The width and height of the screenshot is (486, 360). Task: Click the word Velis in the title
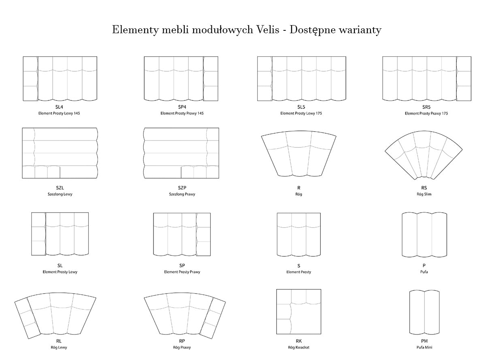[x=268, y=30]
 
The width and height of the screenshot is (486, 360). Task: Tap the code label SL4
[x=59, y=107]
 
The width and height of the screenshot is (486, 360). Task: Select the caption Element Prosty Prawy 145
[x=182, y=113]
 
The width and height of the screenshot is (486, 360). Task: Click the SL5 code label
[x=301, y=107]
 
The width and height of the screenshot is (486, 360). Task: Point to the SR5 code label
[x=426, y=107]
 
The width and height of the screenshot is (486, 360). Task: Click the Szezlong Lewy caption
[x=60, y=194]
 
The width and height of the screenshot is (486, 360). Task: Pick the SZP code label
[x=182, y=188]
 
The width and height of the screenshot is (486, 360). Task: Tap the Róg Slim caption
[x=424, y=194]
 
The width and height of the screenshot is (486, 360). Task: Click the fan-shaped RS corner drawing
[x=424, y=155]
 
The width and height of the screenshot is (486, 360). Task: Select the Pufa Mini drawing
[x=424, y=312]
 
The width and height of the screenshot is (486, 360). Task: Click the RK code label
[x=298, y=341]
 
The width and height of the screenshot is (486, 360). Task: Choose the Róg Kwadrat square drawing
[x=298, y=311]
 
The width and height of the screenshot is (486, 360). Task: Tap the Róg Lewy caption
[x=59, y=347]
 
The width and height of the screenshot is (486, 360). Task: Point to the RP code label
[x=182, y=341]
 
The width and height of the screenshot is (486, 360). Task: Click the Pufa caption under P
[x=424, y=272]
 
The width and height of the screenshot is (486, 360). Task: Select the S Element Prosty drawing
[x=298, y=234]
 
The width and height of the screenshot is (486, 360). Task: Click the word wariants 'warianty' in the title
[x=360, y=30]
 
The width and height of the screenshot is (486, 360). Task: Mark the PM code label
[x=424, y=341]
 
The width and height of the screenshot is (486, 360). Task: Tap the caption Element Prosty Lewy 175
[x=301, y=113]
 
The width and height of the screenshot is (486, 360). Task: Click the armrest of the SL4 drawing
[x=30, y=79]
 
